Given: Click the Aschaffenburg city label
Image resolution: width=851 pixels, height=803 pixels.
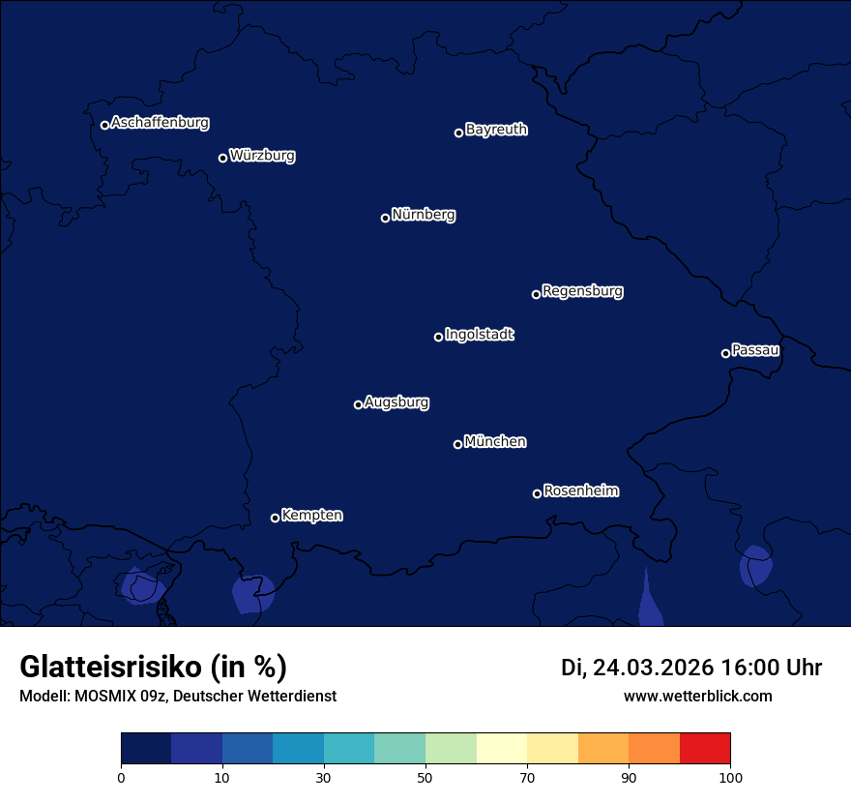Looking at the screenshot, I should click(160, 123).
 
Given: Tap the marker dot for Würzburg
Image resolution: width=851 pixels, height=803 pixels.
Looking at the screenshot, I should click(222, 158).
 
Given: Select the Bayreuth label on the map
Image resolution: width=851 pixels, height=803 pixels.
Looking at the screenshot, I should click(496, 130).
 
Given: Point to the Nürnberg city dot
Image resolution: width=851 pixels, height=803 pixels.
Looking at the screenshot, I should click(385, 218).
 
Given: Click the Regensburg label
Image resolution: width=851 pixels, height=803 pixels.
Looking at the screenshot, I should click(582, 291).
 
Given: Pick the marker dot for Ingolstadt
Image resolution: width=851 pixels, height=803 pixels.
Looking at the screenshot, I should click(438, 337).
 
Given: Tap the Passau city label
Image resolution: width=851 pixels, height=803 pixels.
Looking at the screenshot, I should click(755, 350).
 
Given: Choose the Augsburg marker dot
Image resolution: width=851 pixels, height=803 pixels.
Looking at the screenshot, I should click(358, 404).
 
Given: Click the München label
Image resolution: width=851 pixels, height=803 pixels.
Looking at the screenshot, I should click(495, 442).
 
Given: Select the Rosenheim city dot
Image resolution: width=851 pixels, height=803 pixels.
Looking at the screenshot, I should click(537, 493).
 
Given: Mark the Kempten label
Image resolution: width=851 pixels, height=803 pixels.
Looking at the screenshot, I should click(311, 516).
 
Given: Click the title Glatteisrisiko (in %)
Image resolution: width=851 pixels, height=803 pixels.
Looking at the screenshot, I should click(153, 667).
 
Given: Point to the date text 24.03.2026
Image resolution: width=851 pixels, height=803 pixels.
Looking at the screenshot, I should click(653, 668).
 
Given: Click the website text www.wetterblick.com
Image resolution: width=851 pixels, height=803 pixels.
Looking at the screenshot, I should click(697, 696).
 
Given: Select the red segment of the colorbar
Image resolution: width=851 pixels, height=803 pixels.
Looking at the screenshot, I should click(705, 748).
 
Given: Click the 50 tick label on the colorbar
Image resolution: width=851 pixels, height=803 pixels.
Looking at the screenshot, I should click(425, 777).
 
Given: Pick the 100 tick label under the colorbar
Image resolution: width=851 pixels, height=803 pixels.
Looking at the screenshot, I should click(730, 777).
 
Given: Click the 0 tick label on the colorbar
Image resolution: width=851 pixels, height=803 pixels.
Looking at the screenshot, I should click(121, 777).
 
